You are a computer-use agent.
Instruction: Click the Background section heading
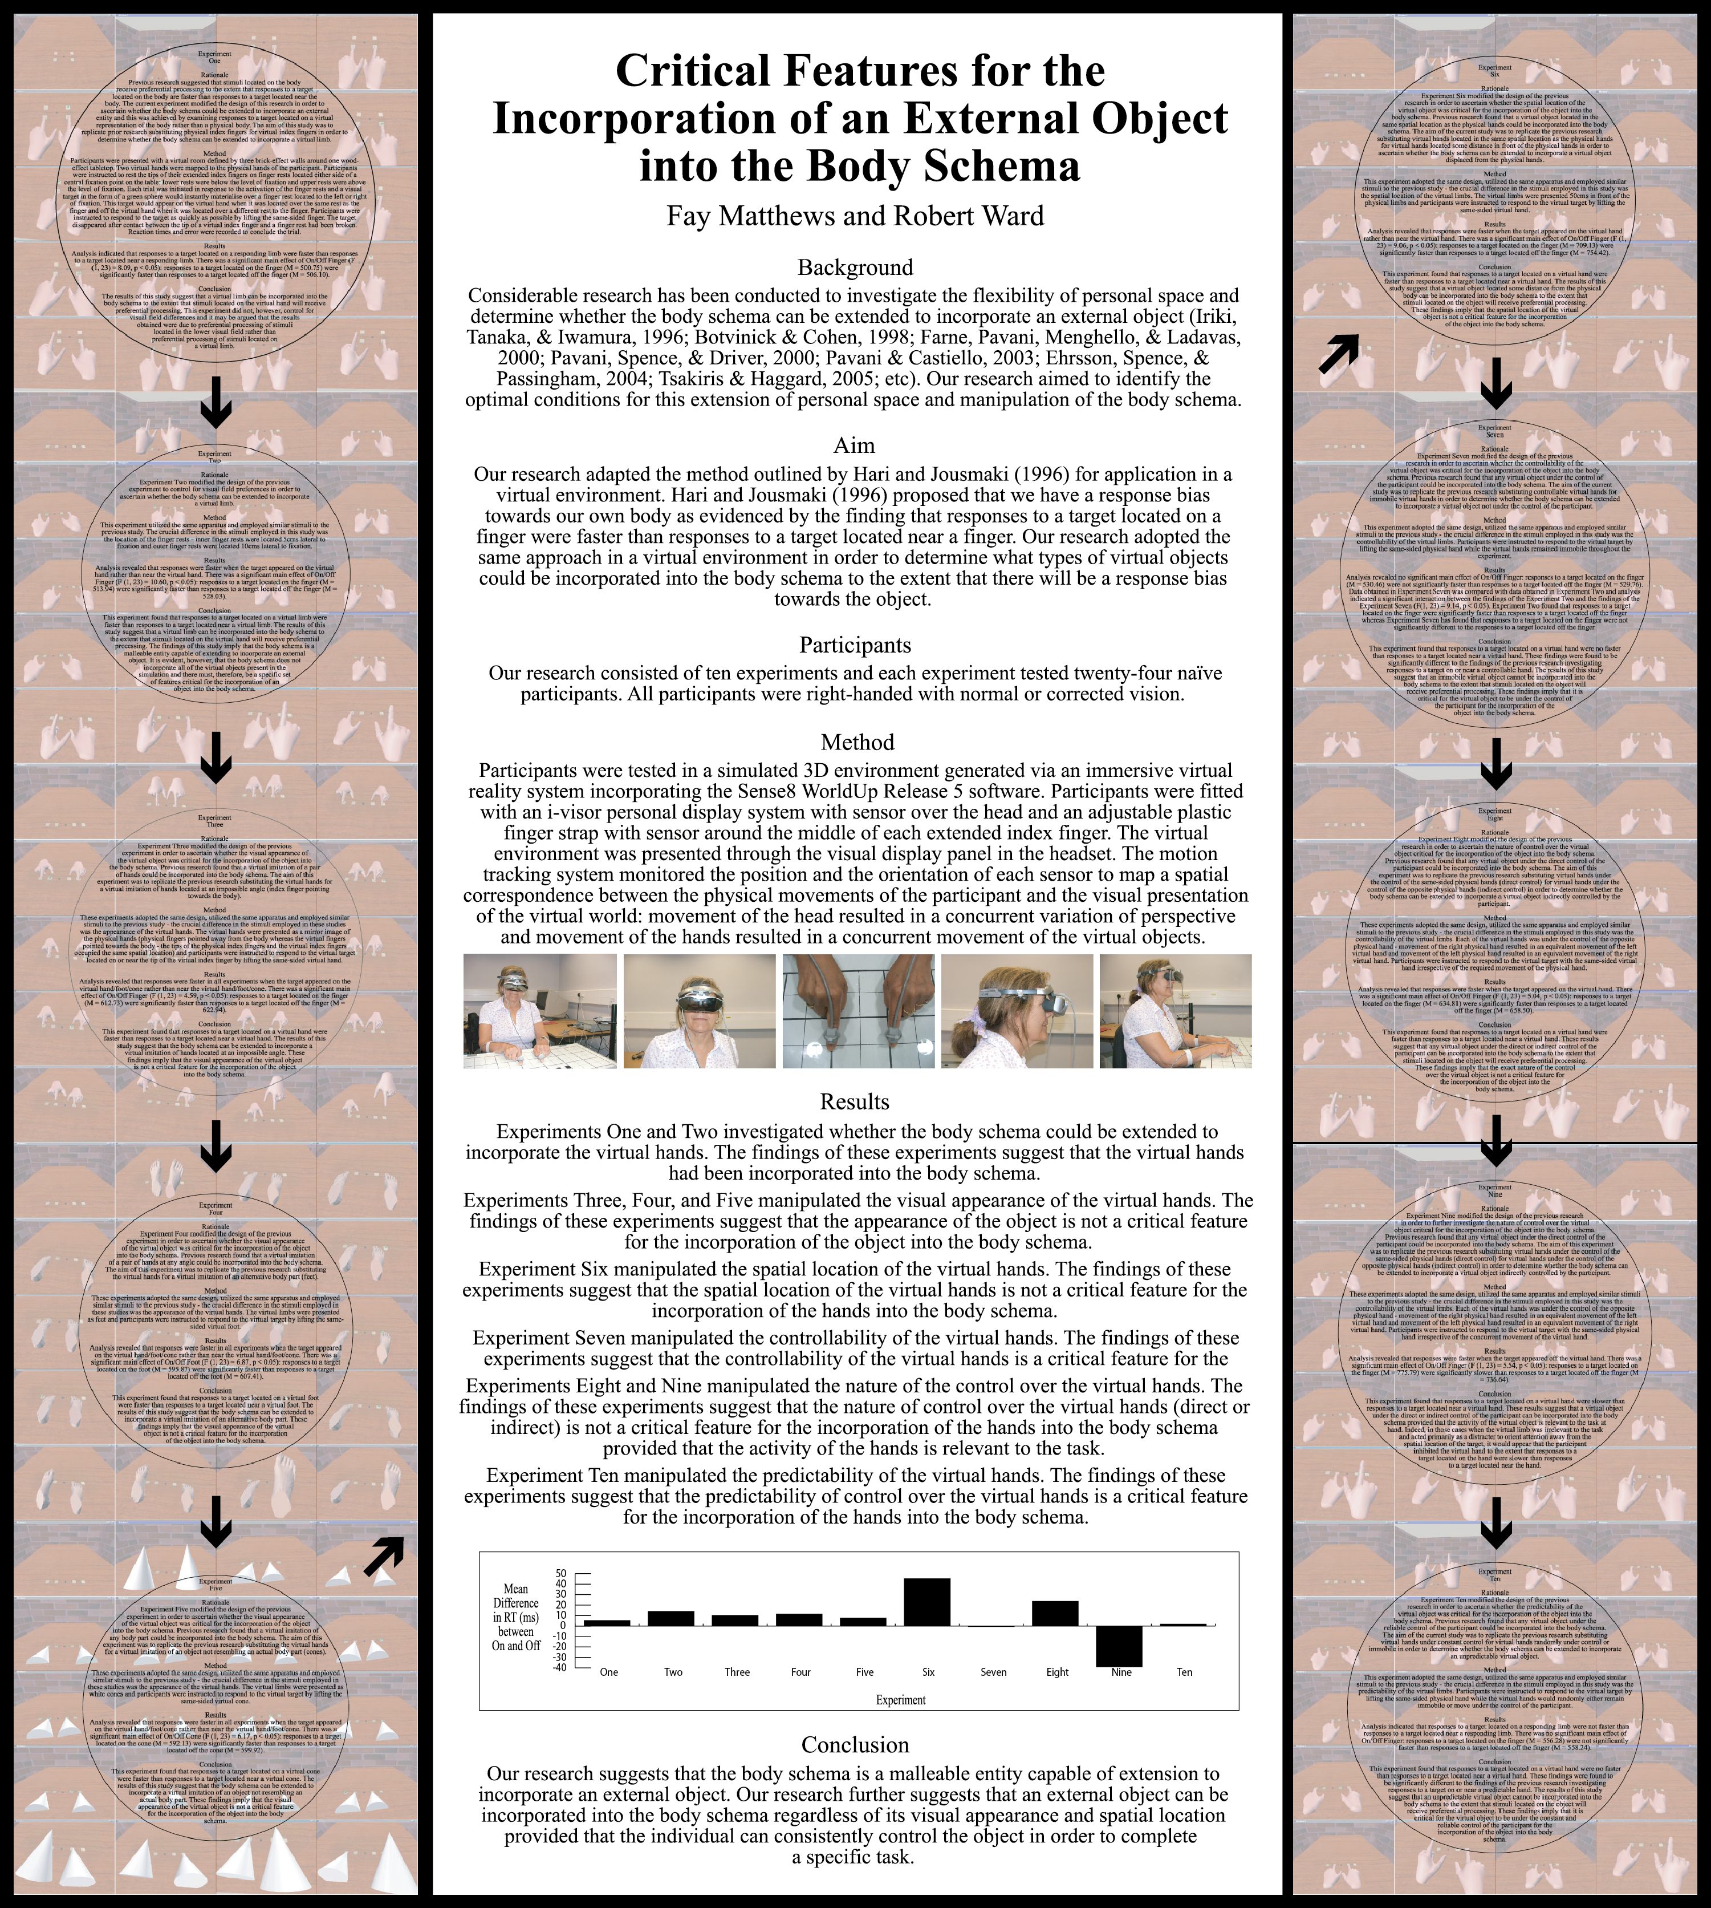[x=855, y=268]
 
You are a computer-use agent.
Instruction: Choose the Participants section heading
[x=855, y=645]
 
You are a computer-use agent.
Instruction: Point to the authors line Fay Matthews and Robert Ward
[x=855, y=216]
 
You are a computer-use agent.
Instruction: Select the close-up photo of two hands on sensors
[x=858, y=1011]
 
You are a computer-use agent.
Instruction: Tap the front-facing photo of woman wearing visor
[x=700, y=1011]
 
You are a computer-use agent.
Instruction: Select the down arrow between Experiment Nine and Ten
[x=1495, y=1528]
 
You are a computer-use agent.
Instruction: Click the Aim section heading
[x=855, y=445]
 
